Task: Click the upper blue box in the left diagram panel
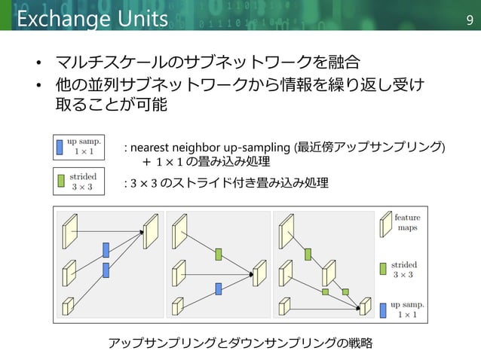coord(106,250)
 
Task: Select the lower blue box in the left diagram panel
coord(106,269)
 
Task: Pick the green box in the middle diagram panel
coord(218,255)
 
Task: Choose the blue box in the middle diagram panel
coord(218,288)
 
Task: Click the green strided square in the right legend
coord(384,268)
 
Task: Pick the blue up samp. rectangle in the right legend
coord(384,310)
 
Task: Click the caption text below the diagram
coord(240,343)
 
